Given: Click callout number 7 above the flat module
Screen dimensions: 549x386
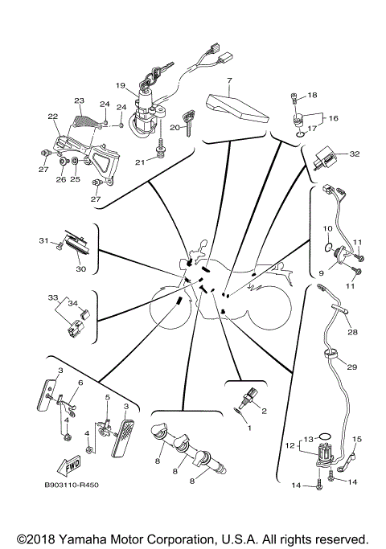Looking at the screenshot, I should coord(229,81).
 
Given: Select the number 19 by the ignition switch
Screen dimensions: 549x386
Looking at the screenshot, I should coord(120,86).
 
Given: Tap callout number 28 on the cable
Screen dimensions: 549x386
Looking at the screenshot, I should coord(351,331).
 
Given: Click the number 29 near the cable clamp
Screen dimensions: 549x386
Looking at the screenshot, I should coord(351,367).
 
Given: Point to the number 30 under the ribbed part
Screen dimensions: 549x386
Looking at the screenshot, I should coord(80,269).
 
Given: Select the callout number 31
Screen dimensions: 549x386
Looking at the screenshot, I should coord(43,240).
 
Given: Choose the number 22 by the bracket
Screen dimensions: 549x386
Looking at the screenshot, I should coord(53,117).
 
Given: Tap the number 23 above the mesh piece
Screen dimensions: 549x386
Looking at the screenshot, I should coord(79,100).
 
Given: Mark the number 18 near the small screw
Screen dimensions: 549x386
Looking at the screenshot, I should coord(312,95).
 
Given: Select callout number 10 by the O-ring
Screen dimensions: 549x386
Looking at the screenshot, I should coord(327,227).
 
